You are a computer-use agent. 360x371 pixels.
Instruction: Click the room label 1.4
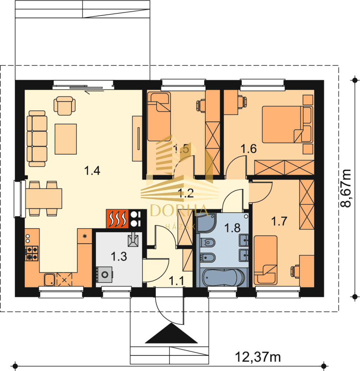pos(92,170)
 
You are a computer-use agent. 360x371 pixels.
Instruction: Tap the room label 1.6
pos(249,149)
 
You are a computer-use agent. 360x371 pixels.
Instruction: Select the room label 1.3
pos(119,257)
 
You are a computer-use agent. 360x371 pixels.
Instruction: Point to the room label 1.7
pos(279,221)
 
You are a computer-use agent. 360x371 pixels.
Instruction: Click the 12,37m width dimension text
pos(258,357)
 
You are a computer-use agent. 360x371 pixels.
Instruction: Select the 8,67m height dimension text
pos(346,188)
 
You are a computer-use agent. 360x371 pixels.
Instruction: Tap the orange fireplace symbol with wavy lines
pos(117,219)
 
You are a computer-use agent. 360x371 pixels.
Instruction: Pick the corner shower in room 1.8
pos(206,223)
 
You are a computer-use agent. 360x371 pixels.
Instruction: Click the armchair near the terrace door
pos(65,106)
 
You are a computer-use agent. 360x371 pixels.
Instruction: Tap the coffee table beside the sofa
pos(66,139)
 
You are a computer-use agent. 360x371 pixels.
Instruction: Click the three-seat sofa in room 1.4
pos(37,139)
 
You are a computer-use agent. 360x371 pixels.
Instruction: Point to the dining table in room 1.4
pos(44,199)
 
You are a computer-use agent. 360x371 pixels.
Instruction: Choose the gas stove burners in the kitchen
pos(32,253)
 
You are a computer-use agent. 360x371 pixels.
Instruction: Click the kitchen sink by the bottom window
pos(50,280)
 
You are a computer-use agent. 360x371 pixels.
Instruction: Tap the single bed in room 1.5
pos(159,117)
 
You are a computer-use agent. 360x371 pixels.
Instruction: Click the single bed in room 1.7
pos(265,260)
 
